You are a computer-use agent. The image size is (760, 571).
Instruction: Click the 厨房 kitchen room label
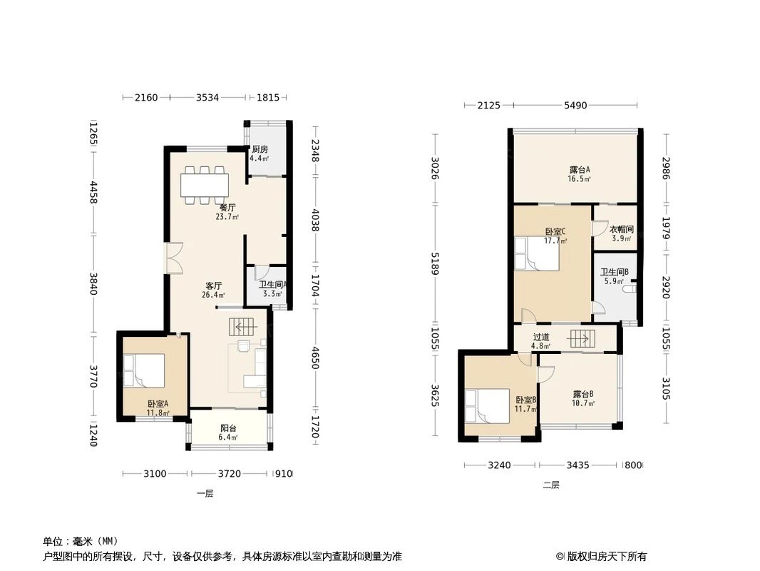(x=260, y=150)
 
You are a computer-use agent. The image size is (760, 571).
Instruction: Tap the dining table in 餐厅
(x=205, y=185)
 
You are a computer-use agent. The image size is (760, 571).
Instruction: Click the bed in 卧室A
(x=145, y=371)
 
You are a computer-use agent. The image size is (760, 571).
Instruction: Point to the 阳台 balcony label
(x=228, y=428)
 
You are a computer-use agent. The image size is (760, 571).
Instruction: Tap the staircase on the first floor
(x=243, y=328)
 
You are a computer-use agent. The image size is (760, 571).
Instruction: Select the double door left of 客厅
(x=174, y=258)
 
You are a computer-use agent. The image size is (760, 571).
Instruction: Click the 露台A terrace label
(x=580, y=170)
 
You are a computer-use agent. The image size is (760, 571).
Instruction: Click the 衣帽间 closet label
(x=621, y=230)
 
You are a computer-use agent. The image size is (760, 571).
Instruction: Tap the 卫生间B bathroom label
(x=614, y=272)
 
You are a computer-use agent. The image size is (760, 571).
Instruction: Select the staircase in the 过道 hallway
(x=580, y=338)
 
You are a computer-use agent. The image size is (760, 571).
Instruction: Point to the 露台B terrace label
(x=583, y=394)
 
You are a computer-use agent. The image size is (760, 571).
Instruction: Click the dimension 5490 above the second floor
(x=575, y=106)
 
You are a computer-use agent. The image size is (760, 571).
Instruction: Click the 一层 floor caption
(x=205, y=493)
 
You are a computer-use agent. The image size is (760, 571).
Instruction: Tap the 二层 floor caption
(x=551, y=485)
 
